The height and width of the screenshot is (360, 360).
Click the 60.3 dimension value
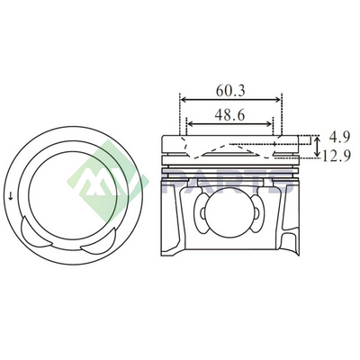(230, 91)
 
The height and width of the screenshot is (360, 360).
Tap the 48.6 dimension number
(229, 115)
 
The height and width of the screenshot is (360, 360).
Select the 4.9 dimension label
(339, 138)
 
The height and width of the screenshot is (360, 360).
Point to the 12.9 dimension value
(336, 156)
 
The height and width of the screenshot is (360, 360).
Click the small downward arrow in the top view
(11, 197)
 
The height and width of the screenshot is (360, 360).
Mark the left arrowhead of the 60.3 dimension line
(183, 100)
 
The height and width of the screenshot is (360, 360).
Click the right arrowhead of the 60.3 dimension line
(278, 100)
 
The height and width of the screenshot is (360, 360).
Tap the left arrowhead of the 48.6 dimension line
(190, 123)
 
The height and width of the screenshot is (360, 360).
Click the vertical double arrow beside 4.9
(318, 147)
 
